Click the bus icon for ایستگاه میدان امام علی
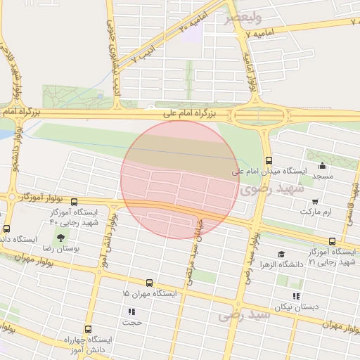[x=268, y=160]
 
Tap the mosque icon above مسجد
[x=322, y=166]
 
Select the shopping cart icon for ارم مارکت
[x=314, y=202]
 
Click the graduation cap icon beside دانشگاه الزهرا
[x=281, y=255]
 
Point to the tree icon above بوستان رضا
[x=61, y=237]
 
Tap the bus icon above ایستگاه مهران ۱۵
[x=148, y=283]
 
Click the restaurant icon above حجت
[x=131, y=311]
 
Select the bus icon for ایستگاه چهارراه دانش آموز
[x=88, y=328]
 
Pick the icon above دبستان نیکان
[x=296, y=296]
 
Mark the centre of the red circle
[x=180, y=179]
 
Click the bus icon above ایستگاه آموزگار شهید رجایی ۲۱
[x=331, y=241]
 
